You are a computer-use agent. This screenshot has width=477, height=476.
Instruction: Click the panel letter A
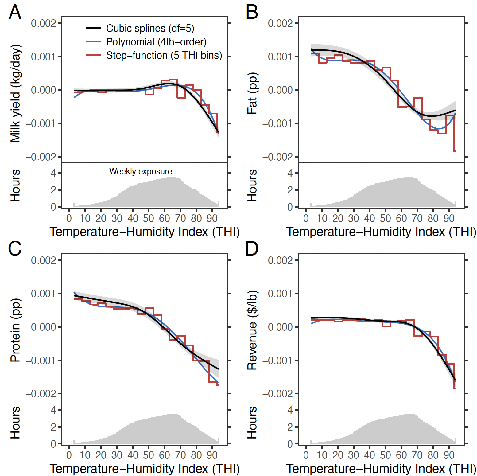[x=15, y=12]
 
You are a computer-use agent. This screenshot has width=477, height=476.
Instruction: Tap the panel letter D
[x=252, y=249]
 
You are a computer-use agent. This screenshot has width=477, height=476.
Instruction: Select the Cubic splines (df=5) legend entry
[x=150, y=28]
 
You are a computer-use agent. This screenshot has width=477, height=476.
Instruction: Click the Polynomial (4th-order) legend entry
[x=156, y=42]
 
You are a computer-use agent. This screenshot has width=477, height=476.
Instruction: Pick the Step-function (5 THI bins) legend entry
[x=164, y=55]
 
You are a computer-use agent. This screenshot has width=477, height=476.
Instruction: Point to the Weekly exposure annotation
[x=141, y=171]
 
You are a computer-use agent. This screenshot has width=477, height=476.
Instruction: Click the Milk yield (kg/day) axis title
[x=15, y=93]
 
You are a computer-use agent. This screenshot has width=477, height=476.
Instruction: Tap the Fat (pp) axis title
[x=252, y=93]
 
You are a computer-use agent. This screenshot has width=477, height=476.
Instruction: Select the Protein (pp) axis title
[x=15, y=330]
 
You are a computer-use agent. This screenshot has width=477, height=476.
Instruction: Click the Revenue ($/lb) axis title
[x=252, y=330]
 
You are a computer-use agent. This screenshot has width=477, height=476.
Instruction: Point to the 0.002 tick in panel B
[x=280, y=23]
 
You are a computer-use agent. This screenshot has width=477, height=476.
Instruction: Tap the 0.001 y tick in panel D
[x=280, y=294]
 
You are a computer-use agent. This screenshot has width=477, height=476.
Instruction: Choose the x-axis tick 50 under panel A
[x=149, y=218]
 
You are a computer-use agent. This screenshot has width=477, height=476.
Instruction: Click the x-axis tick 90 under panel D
[x=449, y=455]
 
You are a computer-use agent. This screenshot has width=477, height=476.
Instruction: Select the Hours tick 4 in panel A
[x=53, y=173]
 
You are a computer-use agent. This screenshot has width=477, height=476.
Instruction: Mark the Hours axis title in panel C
[x=15, y=423]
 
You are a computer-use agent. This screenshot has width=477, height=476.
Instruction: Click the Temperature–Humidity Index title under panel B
[x=381, y=232]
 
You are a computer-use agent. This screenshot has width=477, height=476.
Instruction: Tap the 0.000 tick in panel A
[x=43, y=90]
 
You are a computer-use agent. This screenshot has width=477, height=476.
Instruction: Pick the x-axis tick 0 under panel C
[x=69, y=455]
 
